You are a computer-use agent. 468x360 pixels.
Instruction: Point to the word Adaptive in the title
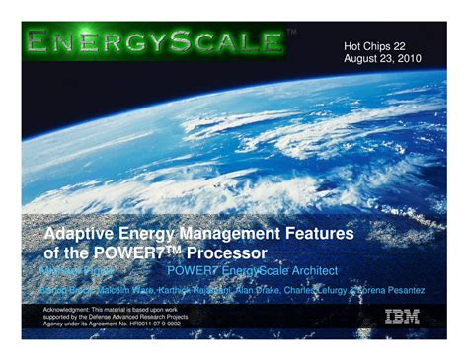pos(83,233)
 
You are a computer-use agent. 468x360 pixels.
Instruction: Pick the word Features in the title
pos(319,233)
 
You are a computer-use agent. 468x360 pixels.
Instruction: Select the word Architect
pos(310,270)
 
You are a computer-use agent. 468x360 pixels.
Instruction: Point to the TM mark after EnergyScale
pos(292,33)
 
